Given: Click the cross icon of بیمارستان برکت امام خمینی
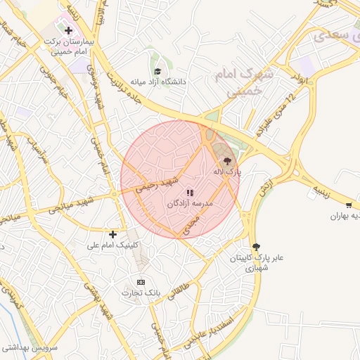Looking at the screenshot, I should point(68,30).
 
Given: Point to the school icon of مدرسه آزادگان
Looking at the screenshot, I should point(189,192).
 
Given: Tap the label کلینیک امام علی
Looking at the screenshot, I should point(112,245).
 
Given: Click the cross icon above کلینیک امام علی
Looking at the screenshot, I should point(112,233).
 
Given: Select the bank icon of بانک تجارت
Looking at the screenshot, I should point(141,281).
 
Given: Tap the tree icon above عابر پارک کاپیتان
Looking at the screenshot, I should point(256,246).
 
